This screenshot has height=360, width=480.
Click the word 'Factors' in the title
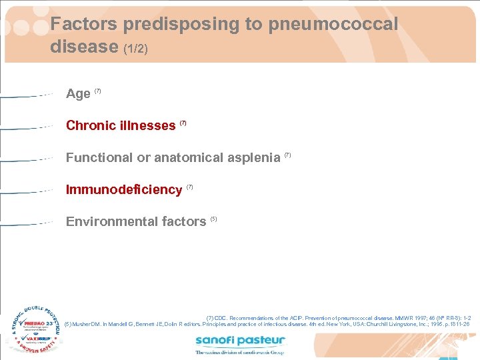pos(82,25)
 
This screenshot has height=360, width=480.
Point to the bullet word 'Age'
pos(78,94)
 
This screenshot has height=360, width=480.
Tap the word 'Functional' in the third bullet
pos(99,157)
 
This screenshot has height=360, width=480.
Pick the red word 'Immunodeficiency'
pos(124,190)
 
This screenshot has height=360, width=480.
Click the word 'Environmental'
pos(106,221)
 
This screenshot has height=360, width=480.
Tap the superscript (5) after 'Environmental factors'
pos(214,219)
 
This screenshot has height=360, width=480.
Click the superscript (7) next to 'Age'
pos(98,91)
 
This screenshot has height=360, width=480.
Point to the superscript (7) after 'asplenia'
pos(288,155)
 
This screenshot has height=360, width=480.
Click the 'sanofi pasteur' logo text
pos(240,341)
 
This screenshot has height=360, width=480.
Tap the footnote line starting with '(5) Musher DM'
pos(267,325)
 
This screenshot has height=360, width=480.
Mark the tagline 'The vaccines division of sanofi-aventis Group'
pos(240,352)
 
